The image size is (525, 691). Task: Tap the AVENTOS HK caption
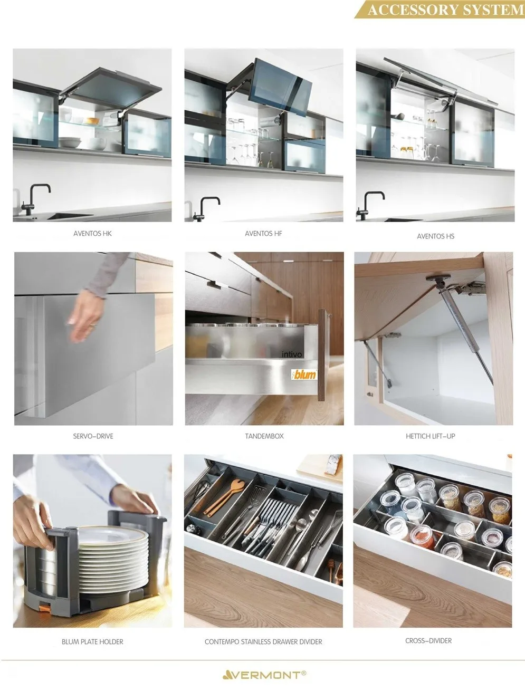tap(92, 233)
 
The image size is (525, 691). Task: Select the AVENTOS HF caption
tap(263, 233)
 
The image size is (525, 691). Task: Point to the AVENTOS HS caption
tap(435, 236)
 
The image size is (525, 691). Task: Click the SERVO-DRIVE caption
tap(93, 436)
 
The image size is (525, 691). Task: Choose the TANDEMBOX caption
tap(264, 436)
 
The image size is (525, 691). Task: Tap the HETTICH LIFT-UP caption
tap(430, 436)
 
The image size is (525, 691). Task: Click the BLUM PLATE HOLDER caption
tap(92, 642)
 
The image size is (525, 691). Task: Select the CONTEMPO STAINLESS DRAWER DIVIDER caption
tap(263, 642)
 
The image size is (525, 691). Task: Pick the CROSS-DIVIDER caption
tap(428, 641)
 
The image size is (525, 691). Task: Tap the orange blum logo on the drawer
tap(304, 375)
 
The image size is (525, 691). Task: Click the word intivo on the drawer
tap(292, 354)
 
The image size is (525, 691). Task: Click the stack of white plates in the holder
tap(113, 554)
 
